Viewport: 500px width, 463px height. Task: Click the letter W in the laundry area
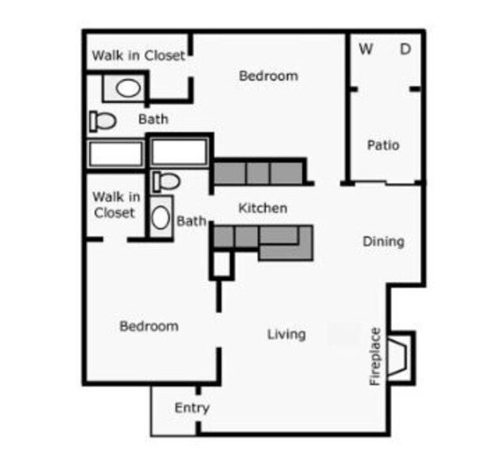[x=366, y=49]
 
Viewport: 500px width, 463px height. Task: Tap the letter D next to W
[x=405, y=49]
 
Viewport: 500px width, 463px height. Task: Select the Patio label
[x=383, y=145]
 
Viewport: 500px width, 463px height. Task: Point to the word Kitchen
[x=263, y=208]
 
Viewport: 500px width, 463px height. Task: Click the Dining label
[x=383, y=241]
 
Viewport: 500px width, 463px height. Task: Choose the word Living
[x=286, y=334]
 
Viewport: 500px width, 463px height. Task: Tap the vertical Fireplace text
[x=375, y=356]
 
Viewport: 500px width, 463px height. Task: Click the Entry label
[x=192, y=408]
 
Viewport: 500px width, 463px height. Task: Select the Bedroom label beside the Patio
[x=268, y=76]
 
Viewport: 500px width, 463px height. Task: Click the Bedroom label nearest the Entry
[x=149, y=325]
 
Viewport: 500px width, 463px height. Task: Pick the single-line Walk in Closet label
[x=139, y=55]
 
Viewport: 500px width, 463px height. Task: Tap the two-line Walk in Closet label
[x=116, y=204]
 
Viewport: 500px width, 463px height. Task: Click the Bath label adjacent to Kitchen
[x=191, y=221]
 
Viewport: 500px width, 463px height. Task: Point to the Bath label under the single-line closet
[x=153, y=120]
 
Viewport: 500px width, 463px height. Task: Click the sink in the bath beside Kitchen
[x=162, y=217]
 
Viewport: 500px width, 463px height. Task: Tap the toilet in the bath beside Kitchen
[x=166, y=180]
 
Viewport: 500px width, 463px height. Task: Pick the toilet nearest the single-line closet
[x=103, y=120]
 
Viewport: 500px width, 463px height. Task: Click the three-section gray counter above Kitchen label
[x=258, y=172]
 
